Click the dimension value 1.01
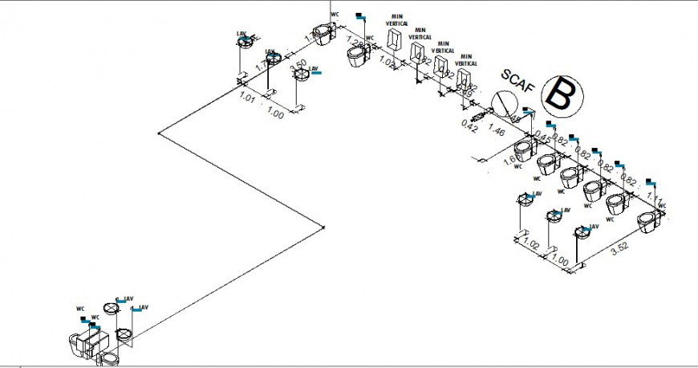[x=247, y=99]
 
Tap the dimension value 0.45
[x=543, y=137]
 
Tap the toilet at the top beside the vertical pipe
[x=323, y=35]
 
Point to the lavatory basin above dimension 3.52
[x=580, y=232]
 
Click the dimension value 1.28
[x=355, y=43]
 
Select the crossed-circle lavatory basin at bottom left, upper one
[x=112, y=308]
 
